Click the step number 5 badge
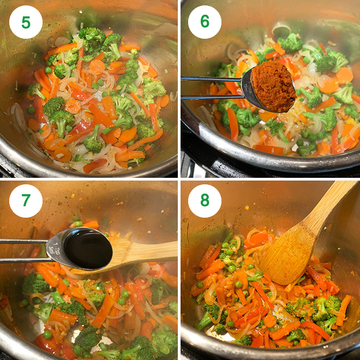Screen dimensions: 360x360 tap(26, 22)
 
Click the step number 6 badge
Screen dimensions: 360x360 tap(205, 22)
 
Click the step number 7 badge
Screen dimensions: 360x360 tap(26, 201)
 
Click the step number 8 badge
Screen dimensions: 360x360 tap(205, 201)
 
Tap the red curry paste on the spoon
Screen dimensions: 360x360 tap(273, 86)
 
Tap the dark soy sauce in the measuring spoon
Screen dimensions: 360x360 tap(87, 248)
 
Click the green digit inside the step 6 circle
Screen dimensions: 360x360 tap(205, 22)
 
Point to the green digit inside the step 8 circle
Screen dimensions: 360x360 tap(205, 201)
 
